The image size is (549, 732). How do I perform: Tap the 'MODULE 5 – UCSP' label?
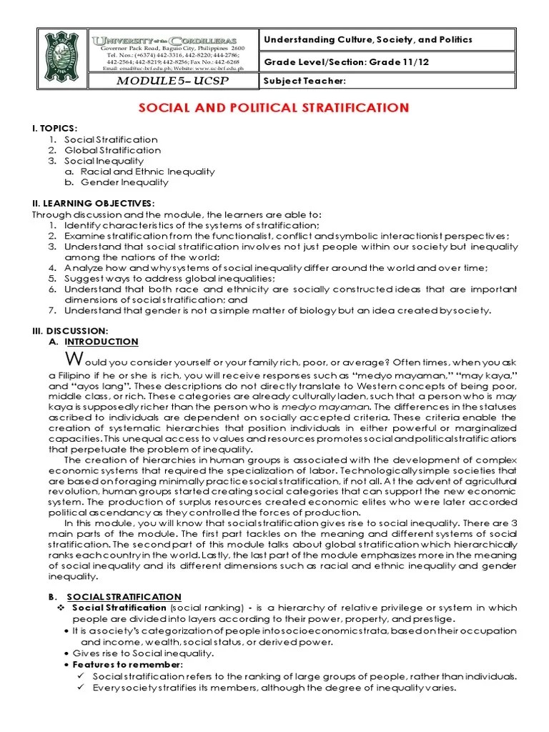point(172,81)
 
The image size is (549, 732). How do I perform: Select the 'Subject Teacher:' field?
point(305,81)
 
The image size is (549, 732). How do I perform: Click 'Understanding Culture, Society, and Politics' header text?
point(368,40)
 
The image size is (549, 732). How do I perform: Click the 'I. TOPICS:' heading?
point(54,128)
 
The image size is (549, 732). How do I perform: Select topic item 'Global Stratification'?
point(112,150)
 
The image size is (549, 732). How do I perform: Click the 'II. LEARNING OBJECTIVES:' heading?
point(93,204)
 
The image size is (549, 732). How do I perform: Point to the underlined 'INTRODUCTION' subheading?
point(107,342)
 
